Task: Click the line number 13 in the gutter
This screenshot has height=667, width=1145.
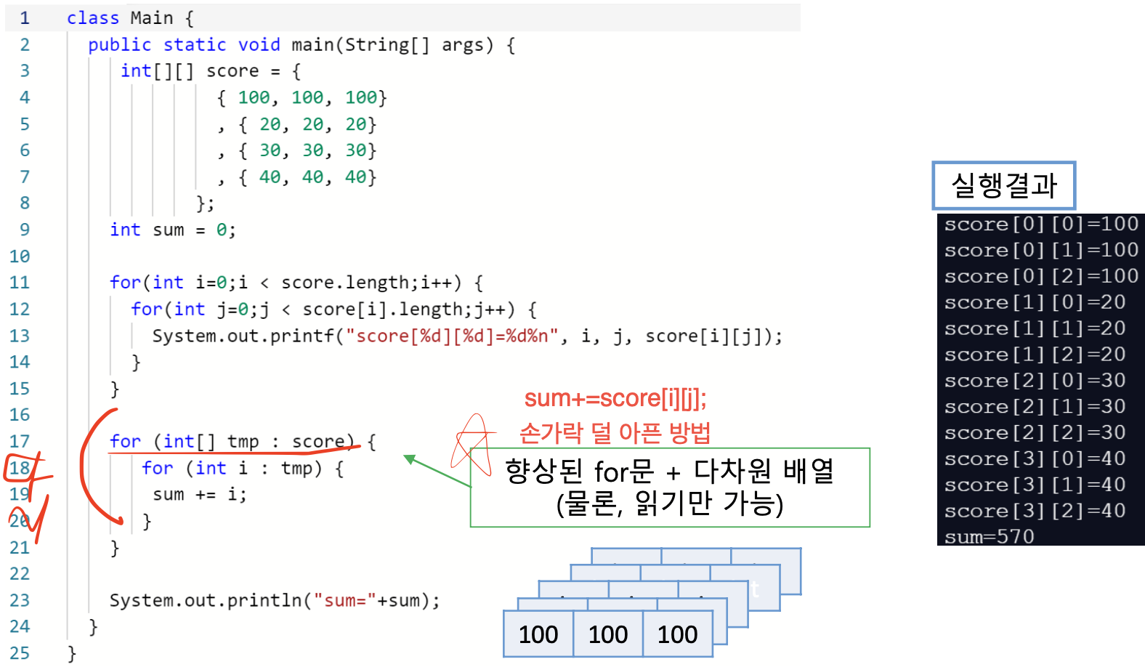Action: click(20, 336)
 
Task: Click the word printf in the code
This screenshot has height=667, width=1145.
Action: click(302, 336)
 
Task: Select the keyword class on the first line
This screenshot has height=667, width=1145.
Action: click(92, 17)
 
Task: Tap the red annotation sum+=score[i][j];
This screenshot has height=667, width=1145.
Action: click(615, 398)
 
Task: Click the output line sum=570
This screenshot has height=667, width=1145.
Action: click(989, 537)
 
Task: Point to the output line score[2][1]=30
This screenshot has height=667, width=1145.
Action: click(1035, 406)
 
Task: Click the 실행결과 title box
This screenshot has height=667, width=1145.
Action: click(1003, 185)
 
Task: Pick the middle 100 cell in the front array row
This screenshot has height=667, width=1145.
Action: click(607, 634)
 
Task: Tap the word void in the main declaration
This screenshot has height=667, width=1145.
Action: click(259, 44)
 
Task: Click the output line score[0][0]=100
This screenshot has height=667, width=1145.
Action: click(1040, 224)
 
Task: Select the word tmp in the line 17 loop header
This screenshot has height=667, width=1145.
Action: click(243, 441)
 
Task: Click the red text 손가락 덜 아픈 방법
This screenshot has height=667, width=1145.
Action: click(615, 433)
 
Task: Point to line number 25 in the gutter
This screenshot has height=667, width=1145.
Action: click(20, 652)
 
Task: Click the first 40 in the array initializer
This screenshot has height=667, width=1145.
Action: click(270, 177)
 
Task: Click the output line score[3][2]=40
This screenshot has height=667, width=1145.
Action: click(1035, 511)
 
